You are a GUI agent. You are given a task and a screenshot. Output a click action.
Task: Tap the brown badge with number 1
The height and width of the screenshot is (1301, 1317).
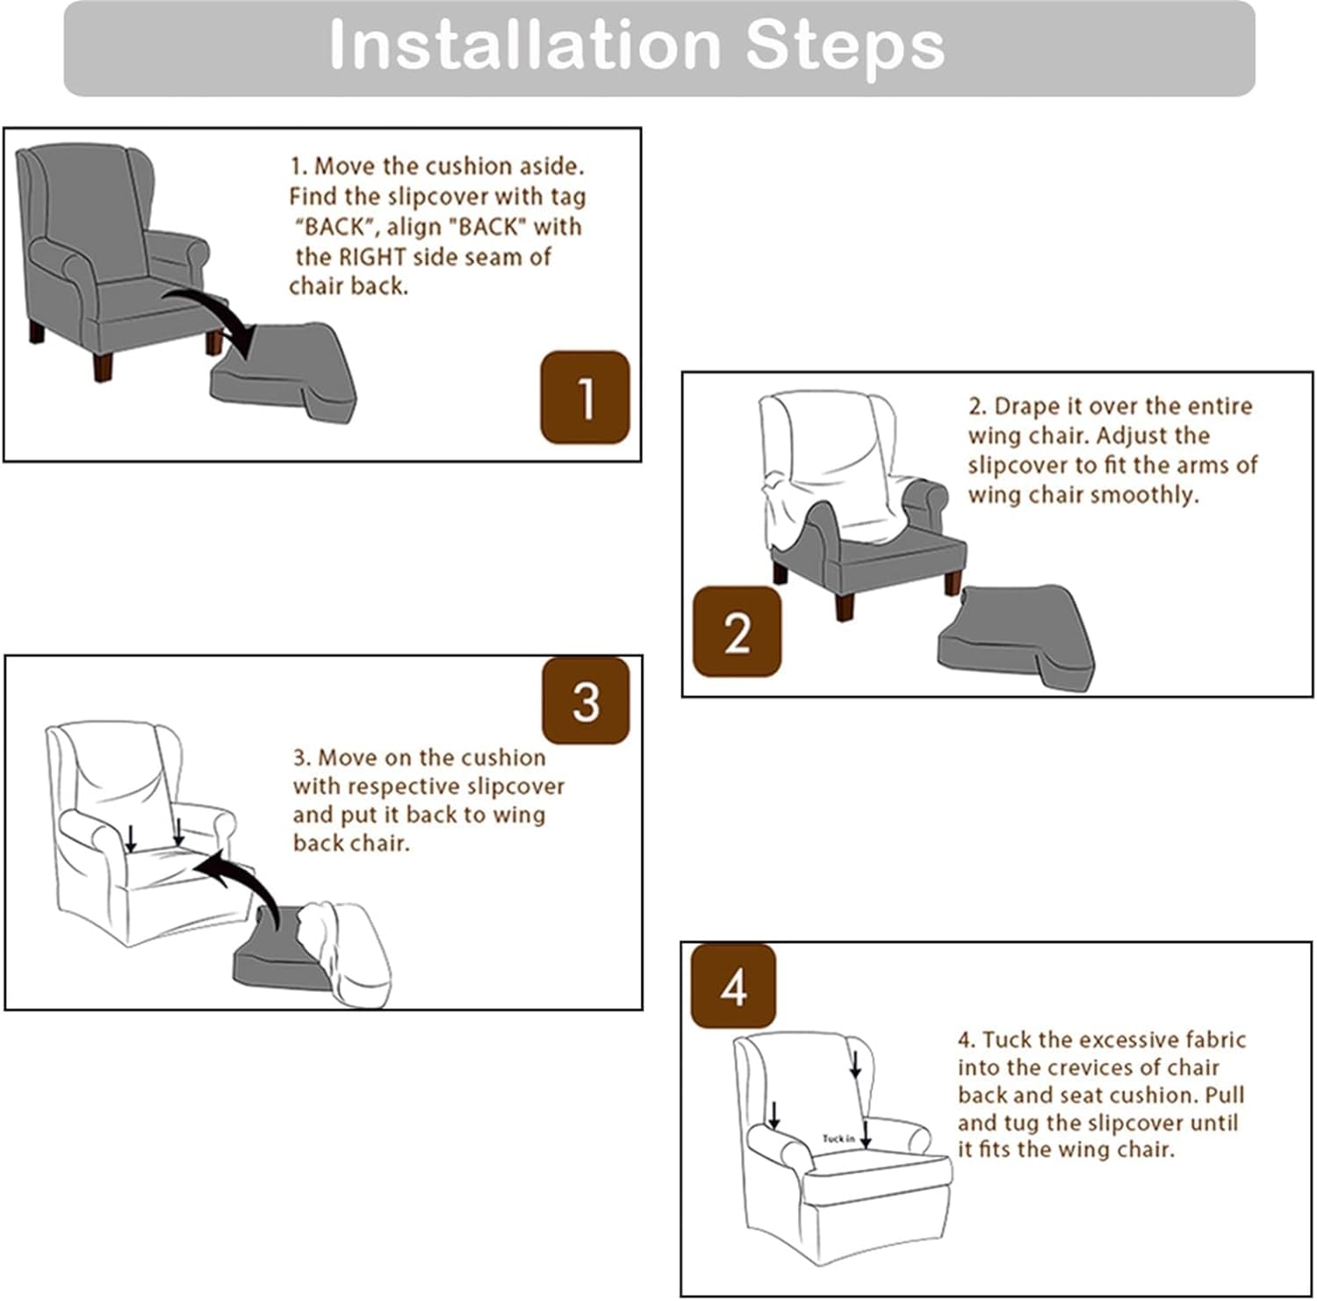point(585,397)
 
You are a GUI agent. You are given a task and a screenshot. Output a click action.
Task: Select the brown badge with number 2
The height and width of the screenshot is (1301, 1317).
point(737,632)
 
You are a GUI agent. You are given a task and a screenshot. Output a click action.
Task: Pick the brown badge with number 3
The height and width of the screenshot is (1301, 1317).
point(586,701)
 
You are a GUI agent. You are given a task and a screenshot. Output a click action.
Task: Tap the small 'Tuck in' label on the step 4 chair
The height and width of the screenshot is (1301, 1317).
point(838,1139)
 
